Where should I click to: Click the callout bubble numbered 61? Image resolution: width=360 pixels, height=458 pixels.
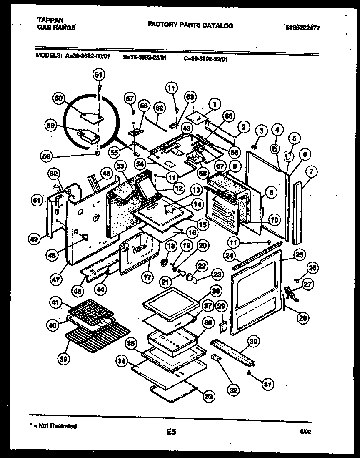coord(99,75)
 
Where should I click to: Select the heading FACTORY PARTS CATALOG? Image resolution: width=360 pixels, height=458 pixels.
coord(190,25)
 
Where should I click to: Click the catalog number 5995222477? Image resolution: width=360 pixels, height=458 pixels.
coord(305,28)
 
